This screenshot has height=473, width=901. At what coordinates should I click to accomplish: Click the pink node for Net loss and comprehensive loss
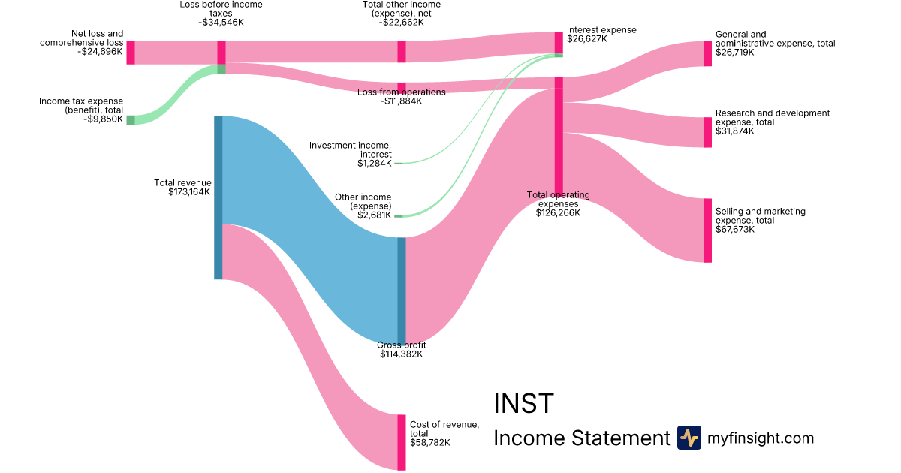131,53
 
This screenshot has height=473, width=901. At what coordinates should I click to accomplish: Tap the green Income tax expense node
131,120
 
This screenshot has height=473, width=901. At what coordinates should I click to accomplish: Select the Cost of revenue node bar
402,442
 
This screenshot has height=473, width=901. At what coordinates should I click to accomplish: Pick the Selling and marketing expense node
707,230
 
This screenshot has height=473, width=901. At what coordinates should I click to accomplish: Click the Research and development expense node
707,132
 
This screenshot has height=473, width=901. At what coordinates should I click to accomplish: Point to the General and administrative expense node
707,54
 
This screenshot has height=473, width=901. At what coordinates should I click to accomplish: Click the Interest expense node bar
559,43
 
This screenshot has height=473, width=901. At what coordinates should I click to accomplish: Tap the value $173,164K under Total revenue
189,192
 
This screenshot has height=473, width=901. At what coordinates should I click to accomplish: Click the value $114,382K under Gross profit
402,354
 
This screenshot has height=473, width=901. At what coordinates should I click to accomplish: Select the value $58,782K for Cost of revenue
430,443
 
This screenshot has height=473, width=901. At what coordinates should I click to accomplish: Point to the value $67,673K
735,230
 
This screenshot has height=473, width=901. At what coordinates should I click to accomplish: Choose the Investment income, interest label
351,149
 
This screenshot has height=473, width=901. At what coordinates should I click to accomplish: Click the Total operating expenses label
558,200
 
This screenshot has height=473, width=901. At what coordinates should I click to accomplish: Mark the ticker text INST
523,404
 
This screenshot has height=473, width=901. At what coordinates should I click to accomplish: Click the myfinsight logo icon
689,438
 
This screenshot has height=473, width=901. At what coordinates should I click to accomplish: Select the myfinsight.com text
761,438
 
